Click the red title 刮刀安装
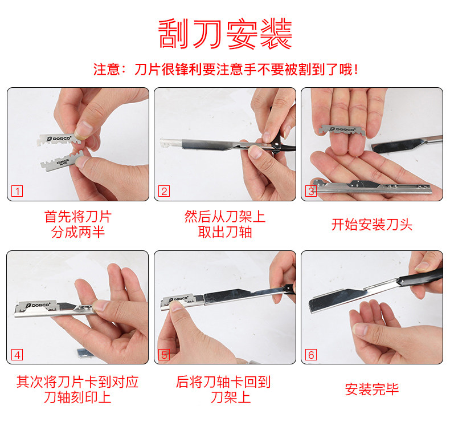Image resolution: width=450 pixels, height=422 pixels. pos(225,34)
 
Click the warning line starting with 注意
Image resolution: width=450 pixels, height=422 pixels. pos(226,70)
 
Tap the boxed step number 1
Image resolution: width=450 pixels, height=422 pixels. pos(17,191)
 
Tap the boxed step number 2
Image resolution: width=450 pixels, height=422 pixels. pos(164,191)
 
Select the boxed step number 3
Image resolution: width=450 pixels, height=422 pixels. pos(311,191)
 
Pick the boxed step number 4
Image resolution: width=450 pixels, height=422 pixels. pos(17,355)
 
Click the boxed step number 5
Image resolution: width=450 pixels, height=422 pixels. pos(164,355)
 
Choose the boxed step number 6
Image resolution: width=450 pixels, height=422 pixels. pos(311,355)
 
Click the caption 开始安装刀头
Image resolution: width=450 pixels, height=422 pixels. pos(372,224)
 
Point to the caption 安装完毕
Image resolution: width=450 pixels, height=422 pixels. pos(372,389)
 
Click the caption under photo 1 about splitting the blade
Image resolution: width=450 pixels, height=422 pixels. pos(78,224)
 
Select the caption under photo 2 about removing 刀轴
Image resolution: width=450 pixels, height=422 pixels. pos(225,224)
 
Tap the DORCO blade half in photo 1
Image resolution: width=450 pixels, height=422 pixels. pos(59,140)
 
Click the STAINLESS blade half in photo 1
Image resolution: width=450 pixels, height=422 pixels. pos(62,161)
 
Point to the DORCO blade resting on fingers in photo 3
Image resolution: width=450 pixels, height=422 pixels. pos(342,130)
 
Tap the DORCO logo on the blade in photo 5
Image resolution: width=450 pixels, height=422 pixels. pos(179,299)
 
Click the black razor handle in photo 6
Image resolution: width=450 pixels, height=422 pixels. pos(420,277)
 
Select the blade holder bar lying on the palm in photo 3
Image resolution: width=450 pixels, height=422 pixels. pos(371,187)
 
